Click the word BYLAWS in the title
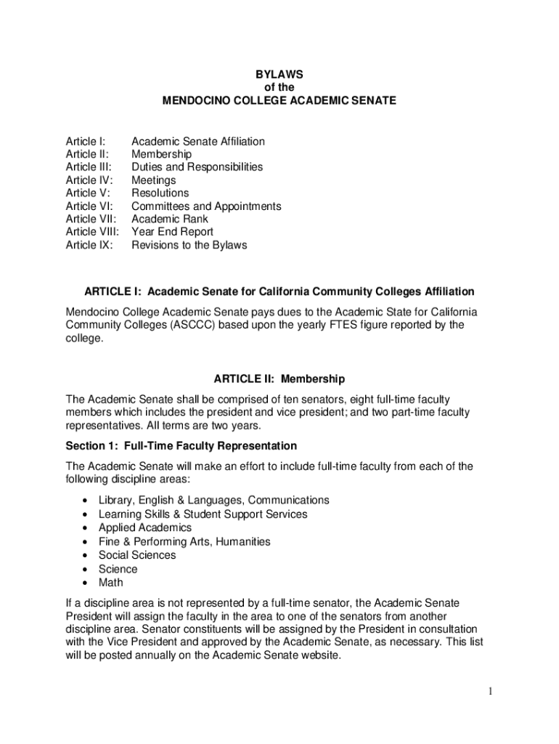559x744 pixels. click(279, 74)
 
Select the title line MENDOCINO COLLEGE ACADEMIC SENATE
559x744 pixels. click(279, 100)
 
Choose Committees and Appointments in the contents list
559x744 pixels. click(206, 206)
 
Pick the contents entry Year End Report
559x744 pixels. click(172, 232)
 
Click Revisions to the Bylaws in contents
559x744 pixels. click(189, 245)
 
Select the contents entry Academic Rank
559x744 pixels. click(169, 219)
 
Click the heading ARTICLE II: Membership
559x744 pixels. click(279, 379)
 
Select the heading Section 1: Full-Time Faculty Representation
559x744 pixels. click(181, 445)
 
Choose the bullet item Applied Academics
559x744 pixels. click(145, 527)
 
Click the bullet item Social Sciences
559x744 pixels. click(137, 555)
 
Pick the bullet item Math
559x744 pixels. click(111, 582)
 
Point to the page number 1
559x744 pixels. click(491, 691)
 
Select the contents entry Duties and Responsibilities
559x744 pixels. click(197, 167)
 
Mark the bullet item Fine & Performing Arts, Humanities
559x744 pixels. click(184, 541)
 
